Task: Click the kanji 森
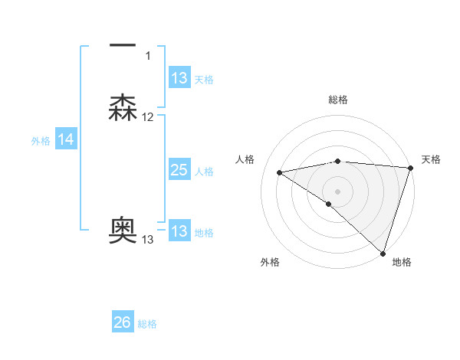click(x=123, y=108)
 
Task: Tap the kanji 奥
click(x=123, y=231)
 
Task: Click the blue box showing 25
click(x=179, y=170)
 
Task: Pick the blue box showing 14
click(x=66, y=139)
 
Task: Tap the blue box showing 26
click(x=123, y=322)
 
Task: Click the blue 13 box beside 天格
click(x=179, y=78)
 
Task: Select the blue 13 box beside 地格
click(x=179, y=231)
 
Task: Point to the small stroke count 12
click(x=148, y=117)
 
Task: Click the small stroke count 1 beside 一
click(x=148, y=56)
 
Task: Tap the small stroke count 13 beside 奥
click(x=148, y=240)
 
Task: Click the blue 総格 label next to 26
click(x=147, y=324)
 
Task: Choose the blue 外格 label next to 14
click(x=41, y=141)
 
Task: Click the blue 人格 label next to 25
click(x=204, y=172)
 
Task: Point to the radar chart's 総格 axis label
click(x=338, y=100)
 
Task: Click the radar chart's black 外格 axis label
click(x=270, y=262)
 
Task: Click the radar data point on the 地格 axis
click(x=383, y=253)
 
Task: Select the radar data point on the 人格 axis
click(x=280, y=172)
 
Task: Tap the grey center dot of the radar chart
click(x=338, y=191)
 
